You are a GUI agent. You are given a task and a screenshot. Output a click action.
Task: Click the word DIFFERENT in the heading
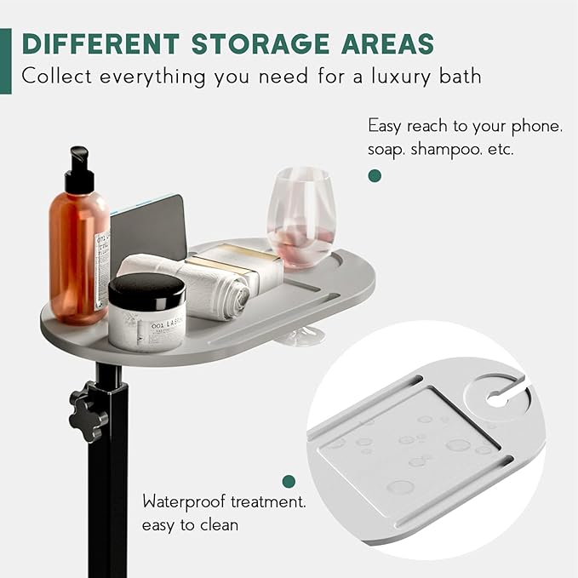pyautogui.click(x=101, y=44)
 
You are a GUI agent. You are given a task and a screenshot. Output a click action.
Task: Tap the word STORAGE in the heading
pyautogui.click(x=261, y=44)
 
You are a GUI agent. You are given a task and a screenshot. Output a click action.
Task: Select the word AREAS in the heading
pyautogui.click(x=388, y=44)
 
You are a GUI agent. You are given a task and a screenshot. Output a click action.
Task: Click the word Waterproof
pyautogui.click(x=184, y=502)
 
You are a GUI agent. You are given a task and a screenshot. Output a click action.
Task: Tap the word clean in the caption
pyautogui.click(x=219, y=525)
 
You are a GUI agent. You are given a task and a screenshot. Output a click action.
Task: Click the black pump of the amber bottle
pyautogui.click(x=80, y=170)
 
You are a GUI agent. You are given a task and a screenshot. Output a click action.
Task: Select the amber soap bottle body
pyautogui.click(x=79, y=258)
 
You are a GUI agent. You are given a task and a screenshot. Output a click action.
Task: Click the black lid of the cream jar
pyautogui.click(x=147, y=291)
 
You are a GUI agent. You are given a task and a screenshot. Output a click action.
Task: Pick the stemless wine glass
pyautogui.click(x=300, y=217)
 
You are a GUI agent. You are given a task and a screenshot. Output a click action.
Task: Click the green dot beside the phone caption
pyautogui.click(x=375, y=176)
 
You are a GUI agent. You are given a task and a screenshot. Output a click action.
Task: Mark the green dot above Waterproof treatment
pyautogui.click(x=289, y=481)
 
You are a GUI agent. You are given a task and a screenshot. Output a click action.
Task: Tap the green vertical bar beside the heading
pyautogui.click(x=5, y=60)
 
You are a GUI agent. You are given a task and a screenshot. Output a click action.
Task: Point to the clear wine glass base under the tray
pyautogui.click(x=301, y=336)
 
